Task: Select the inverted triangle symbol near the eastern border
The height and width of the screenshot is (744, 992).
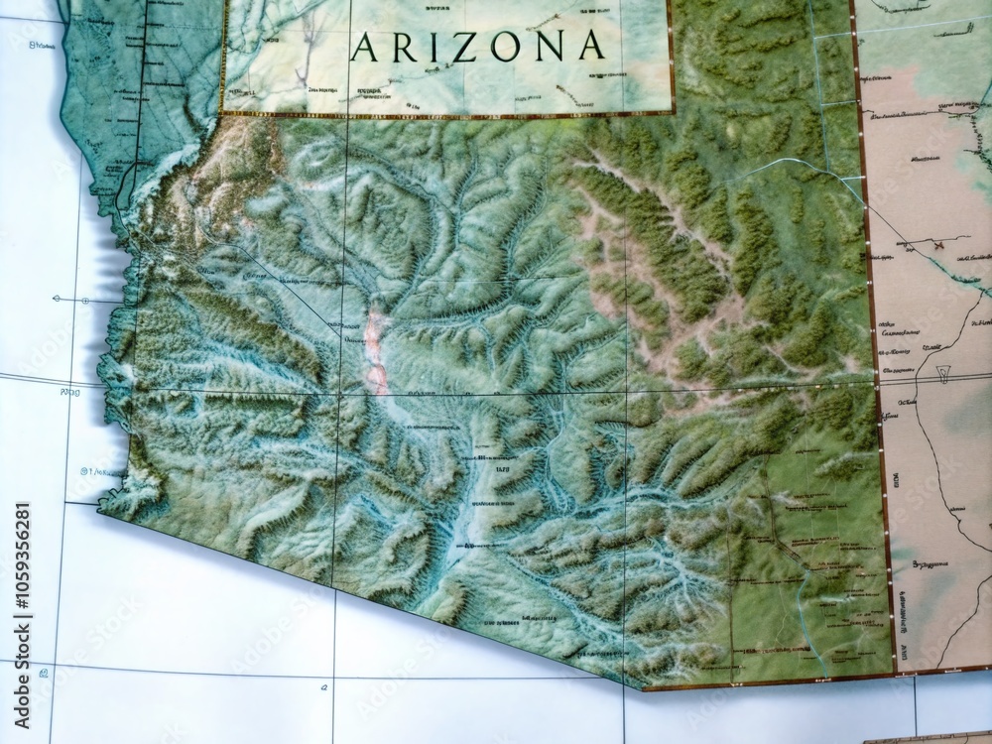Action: (x=943, y=375)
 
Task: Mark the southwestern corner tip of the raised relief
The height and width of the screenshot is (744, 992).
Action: (x=99, y=511)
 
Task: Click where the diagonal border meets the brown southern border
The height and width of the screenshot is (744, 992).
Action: (x=643, y=686)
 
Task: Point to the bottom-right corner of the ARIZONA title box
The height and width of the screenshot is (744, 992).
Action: (x=673, y=113)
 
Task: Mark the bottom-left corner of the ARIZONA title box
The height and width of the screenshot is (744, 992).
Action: (x=222, y=113)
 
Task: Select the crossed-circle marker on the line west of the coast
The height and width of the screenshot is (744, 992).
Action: (x=85, y=299)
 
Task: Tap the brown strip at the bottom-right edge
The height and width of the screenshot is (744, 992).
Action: (x=928, y=740)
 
